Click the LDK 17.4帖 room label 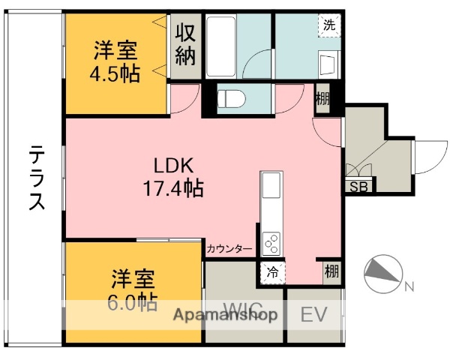pyautogui.click(x=174, y=176)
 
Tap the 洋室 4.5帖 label pyautogui.click(x=116, y=63)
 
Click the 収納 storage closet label pyautogui.click(x=186, y=44)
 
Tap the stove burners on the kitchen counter pyautogui.click(x=271, y=241)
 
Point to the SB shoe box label pyautogui.click(x=358, y=187)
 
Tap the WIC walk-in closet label pyautogui.click(x=241, y=308)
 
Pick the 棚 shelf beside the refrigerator pyautogui.click(x=331, y=272)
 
